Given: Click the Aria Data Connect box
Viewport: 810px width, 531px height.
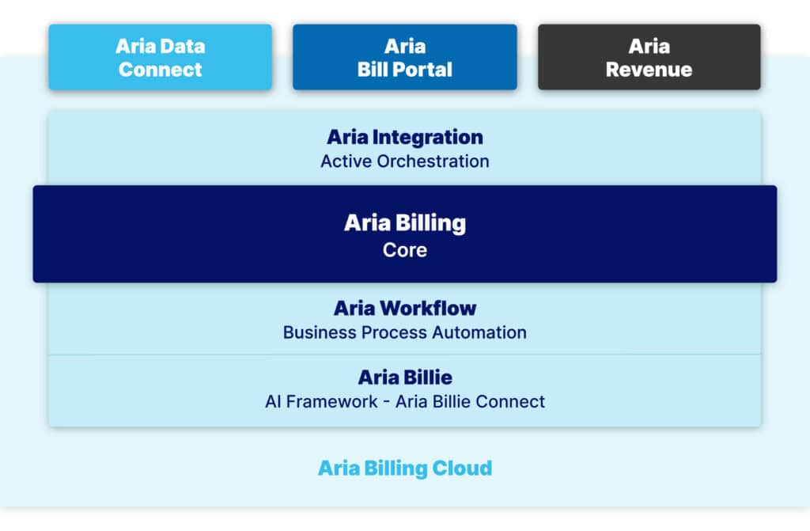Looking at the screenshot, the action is tap(160, 57).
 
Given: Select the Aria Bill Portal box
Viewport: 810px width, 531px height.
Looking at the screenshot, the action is tap(404, 57).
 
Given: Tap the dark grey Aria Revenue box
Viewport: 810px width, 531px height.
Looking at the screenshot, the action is tap(649, 57).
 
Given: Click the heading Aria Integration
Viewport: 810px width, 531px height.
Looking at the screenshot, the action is tap(405, 137).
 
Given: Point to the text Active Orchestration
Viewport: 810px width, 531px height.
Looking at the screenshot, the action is tap(405, 161).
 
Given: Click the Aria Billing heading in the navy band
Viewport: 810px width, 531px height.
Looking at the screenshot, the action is tap(405, 223).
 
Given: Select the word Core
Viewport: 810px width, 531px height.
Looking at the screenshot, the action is tap(405, 250).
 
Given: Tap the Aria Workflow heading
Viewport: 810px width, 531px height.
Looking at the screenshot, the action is tap(405, 308).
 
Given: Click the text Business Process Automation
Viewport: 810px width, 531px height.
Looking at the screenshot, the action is tap(405, 332).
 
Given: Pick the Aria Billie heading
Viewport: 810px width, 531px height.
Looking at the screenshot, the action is tap(405, 377).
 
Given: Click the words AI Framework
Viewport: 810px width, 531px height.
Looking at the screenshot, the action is tap(321, 402).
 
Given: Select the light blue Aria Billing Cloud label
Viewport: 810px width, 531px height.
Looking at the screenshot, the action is tap(405, 468).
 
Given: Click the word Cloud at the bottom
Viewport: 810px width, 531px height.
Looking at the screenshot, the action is tap(462, 468).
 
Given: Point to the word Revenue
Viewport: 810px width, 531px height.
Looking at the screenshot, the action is tap(649, 70).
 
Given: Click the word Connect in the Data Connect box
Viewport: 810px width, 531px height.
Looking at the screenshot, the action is tap(160, 70).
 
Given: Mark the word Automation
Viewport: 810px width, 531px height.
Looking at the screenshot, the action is tap(479, 332).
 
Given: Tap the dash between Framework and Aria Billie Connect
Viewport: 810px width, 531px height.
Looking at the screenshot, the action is tap(386, 402).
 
